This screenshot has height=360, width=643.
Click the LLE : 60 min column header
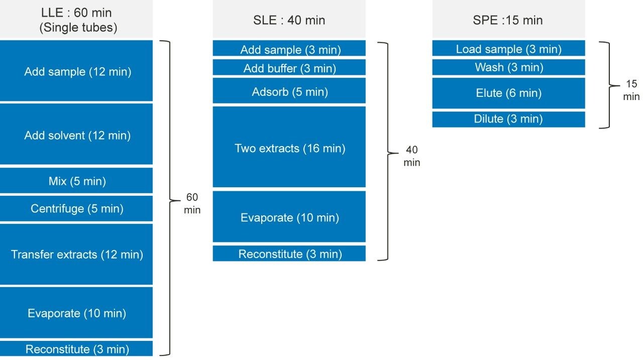(76, 20)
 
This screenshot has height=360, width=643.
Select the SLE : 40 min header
(289, 20)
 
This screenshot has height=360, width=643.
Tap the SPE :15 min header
(508, 20)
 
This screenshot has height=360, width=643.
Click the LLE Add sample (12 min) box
(76, 71)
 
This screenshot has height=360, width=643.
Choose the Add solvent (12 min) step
(76, 135)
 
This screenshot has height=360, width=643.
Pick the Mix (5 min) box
(76, 181)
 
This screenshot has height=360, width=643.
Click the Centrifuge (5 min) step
(76, 208)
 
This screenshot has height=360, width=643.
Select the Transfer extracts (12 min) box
(76, 255)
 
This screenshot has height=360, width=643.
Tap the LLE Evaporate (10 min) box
(76, 313)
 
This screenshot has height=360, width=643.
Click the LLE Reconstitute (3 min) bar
(76, 349)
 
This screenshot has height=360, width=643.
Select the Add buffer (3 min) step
(289, 68)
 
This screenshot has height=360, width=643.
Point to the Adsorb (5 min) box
(289, 91)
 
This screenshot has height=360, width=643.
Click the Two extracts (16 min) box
(289, 148)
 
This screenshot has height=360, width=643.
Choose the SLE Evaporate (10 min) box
(289, 217)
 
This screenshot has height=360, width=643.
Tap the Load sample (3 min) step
(508, 49)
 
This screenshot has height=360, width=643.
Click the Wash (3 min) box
(508, 67)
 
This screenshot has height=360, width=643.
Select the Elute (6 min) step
(508, 93)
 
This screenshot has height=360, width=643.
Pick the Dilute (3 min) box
(508, 119)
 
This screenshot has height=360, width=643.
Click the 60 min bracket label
(192, 203)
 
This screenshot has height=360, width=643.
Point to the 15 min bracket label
(631, 90)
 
